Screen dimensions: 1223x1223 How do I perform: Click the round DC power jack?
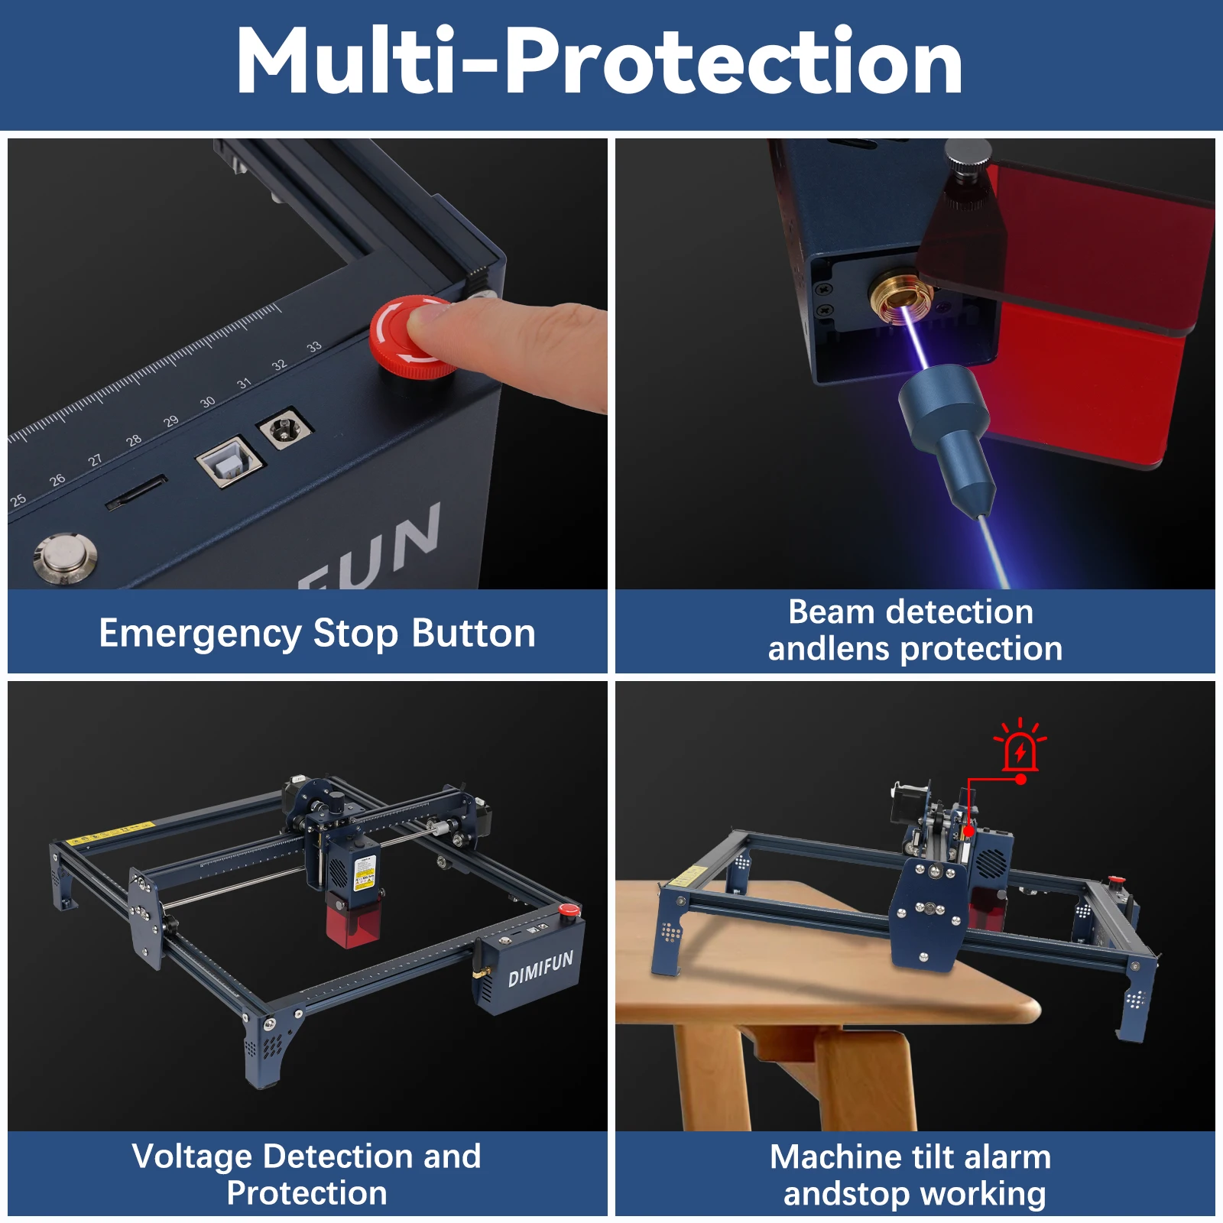285,428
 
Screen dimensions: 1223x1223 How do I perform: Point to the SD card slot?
136,492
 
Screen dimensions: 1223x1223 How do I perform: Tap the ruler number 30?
207,402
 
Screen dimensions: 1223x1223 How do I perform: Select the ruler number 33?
313,347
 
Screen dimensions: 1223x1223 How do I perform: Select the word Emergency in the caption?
200,634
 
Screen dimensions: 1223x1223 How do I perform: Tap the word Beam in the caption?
831,612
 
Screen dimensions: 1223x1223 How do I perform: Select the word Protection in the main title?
732,61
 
